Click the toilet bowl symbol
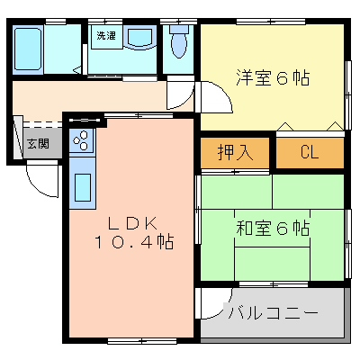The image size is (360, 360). [179, 41]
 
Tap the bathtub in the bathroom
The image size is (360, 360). [27, 49]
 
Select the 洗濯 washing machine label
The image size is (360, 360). [106, 36]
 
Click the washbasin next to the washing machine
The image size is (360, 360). [139, 37]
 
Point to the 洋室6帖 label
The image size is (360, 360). [273, 77]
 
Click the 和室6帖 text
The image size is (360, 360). [273, 229]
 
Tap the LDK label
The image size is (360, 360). [132, 223]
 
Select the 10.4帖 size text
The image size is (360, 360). [134, 241]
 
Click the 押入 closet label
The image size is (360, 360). [236, 153]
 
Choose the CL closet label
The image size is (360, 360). [310, 152]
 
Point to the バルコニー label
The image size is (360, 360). [273, 313]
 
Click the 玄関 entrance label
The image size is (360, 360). [38, 144]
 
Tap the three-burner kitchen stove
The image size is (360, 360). [82, 139]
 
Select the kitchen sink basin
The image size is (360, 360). [83, 187]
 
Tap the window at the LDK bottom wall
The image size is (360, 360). [141, 341]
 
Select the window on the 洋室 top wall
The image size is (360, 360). [271, 22]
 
